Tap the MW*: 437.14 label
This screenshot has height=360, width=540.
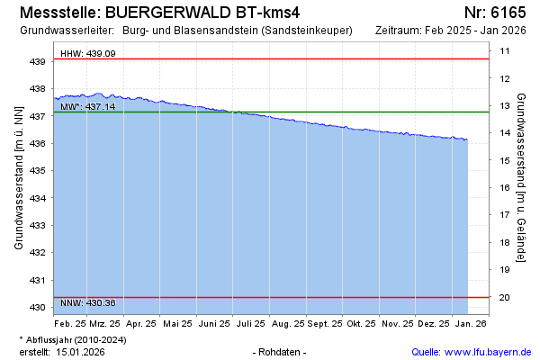pos(87,107)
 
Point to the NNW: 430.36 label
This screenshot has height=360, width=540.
pos(87,302)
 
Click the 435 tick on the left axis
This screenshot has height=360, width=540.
pos(38,171)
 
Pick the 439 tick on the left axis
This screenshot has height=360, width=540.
pos(38,62)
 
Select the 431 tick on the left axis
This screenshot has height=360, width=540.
pos(38,280)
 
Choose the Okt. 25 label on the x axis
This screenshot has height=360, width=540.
pos(361,323)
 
